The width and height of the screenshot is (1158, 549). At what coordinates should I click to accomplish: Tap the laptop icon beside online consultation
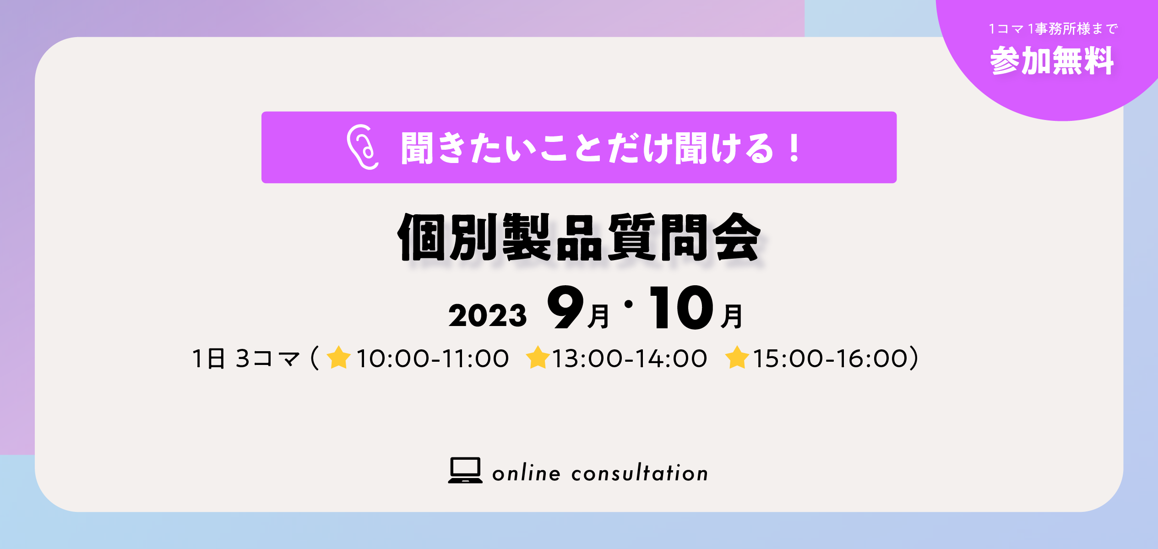coord(465,470)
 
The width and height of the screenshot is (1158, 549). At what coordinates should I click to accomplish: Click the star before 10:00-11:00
coord(339,357)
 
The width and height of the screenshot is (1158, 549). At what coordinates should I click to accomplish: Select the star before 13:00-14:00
coord(538,357)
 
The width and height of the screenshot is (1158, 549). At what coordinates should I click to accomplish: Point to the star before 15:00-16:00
coord(737,357)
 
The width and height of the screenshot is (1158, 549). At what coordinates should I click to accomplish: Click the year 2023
coord(488,315)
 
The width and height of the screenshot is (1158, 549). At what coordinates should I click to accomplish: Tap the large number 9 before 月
coord(566,307)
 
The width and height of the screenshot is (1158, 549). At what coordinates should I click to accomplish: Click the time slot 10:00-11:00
coord(432,359)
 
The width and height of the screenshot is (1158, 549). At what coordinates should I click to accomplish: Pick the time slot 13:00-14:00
coord(630,359)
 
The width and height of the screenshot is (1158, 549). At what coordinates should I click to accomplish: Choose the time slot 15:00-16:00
coord(830,359)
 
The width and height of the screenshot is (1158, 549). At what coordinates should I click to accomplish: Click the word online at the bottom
coord(526,473)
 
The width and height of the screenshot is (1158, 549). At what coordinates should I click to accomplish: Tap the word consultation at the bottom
coord(640,473)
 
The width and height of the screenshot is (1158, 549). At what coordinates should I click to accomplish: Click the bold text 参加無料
coord(1052,60)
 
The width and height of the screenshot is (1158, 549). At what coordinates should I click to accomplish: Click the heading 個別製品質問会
coord(579,237)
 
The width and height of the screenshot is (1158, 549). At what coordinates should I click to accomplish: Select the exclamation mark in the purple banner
coord(795,147)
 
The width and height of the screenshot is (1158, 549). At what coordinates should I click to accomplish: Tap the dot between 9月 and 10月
coord(629,304)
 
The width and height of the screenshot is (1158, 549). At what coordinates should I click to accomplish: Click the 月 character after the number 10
coord(731,316)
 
